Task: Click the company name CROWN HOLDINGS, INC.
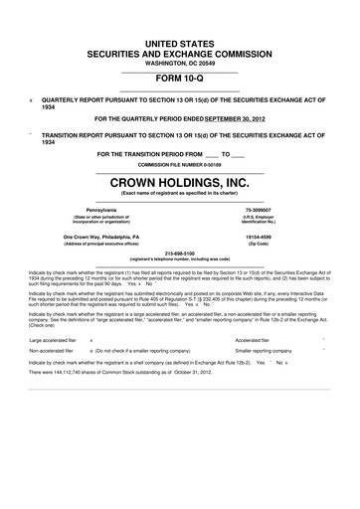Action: click(179, 182)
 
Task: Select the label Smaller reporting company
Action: click(264, 352)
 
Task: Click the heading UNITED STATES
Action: click(179, 35)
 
